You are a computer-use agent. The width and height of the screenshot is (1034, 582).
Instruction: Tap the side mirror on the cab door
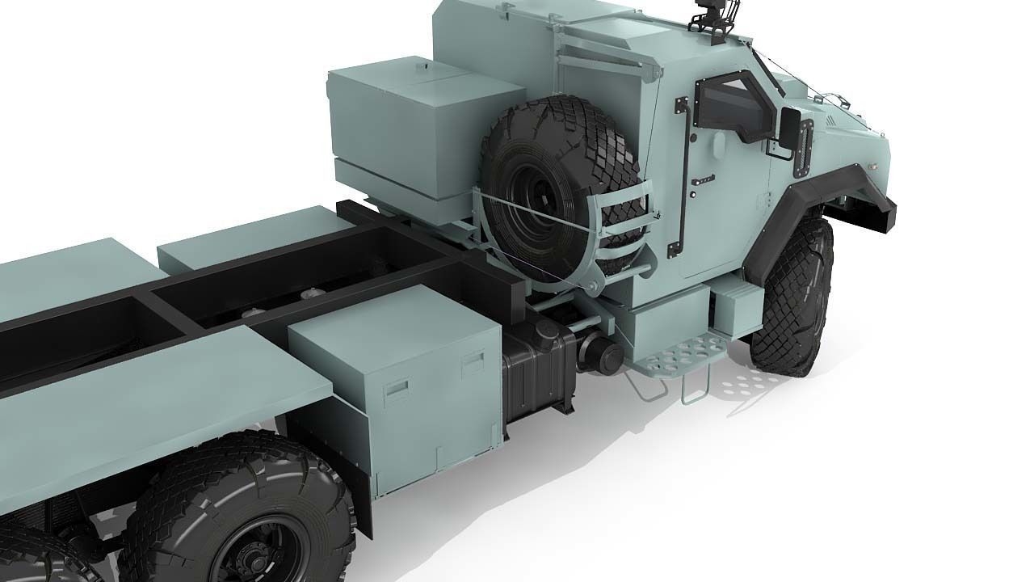789,128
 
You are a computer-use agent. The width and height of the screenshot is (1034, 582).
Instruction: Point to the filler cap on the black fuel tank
549,330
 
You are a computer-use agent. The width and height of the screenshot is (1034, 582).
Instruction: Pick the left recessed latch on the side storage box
396,389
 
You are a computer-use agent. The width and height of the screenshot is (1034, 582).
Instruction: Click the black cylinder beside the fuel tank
597,355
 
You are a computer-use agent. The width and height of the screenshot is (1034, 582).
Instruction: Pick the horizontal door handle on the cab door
704,179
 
